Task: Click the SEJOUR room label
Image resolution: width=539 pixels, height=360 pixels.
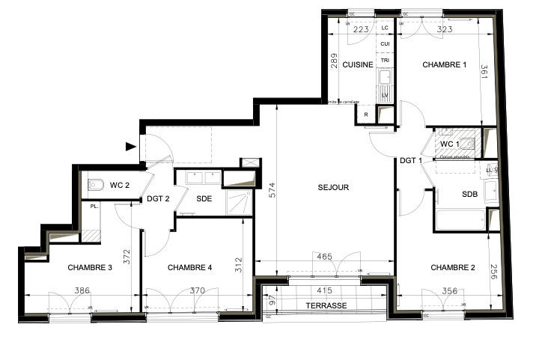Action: click(332, 188)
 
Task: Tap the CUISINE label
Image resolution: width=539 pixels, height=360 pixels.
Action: click(358, 65)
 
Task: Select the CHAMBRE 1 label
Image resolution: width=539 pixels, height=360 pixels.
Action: click(444, 65)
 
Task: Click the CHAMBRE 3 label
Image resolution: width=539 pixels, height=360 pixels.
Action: click(90, 267)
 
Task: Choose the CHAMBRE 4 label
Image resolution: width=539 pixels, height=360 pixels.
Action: click(190, 267)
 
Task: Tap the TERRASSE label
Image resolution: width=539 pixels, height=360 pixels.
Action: click(326, 306)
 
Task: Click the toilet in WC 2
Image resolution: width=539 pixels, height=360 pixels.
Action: click(95, 183)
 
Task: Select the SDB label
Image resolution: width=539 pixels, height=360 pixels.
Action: click(469, 195)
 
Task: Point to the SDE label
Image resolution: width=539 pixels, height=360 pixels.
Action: click(204, 198)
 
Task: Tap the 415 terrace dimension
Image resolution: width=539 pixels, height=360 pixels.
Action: click(323, 290)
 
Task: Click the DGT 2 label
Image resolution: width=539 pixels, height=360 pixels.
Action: click(159, 198)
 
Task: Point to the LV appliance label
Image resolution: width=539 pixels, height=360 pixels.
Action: click(385, 95)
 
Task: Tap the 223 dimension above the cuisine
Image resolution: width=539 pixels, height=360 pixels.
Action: click(360, 30)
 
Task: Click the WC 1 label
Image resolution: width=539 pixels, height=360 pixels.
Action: click(449, 143)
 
